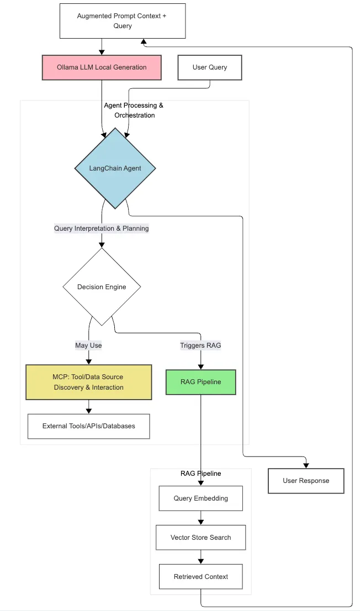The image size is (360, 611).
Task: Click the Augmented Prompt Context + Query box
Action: (122, 21)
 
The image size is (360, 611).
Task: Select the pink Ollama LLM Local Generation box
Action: (102, 67)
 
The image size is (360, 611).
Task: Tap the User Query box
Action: (209, 67)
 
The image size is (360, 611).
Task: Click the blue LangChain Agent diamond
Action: (115, 168)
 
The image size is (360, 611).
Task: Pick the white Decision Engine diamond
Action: (102, 287)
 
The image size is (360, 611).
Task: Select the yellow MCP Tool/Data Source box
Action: (88, 382)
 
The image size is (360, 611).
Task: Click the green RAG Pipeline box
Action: (200, 382)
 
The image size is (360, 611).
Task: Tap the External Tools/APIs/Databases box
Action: (88, 426)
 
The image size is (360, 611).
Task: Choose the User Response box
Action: (306, 481)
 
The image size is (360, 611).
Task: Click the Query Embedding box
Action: (200, 498)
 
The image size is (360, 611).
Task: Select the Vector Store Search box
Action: (200, 538)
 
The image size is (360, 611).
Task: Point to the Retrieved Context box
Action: (200, 577)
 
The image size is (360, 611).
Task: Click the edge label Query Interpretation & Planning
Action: (102, 229)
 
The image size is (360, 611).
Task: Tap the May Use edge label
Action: (88, 346)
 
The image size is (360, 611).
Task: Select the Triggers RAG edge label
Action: (200, 346)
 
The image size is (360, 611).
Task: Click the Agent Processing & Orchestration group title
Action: (134, 110)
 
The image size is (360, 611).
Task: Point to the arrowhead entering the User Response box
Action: (306, 465)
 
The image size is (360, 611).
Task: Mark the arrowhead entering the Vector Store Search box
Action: (200, 522)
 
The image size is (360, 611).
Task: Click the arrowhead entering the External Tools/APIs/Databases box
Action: (88, 411)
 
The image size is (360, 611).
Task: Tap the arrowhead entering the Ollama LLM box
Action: (102, 51)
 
